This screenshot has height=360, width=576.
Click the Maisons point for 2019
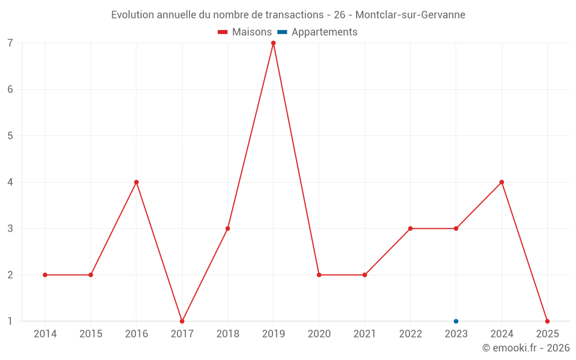coord(273,43)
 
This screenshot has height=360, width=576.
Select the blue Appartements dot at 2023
coord(456,321)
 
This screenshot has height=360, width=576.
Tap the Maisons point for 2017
coord(182,321)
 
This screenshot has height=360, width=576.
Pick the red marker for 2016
coord(137,182)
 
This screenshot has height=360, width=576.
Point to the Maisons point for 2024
coord(502,182)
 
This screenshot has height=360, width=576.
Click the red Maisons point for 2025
coord(547,321)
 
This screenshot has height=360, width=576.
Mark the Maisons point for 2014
coord(45,275)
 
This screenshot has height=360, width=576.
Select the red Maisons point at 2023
coord(456,229)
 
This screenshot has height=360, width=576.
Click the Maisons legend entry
coord(245,32)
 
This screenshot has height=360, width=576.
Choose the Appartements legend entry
coord(317,32)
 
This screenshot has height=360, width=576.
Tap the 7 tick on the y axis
coord(10,43)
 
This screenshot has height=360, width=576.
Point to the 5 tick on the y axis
coord(10,136)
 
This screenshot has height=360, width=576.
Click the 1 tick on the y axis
coord(10,321)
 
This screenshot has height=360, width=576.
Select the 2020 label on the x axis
coord(319,334)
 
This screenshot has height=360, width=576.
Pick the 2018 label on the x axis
coord(228,334)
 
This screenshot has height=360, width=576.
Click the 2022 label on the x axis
coord(410,334)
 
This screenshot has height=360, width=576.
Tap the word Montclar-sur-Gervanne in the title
coord(410,15)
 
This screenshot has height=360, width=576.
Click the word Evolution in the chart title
coord(132,15)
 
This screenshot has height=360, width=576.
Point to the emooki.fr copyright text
coord(526,348)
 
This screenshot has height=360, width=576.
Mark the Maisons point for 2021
coord(365,275)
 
